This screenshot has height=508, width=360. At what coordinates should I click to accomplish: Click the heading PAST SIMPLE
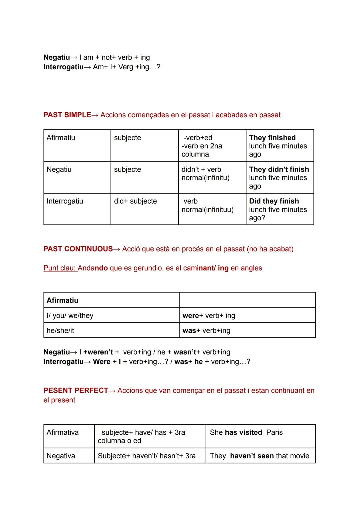[x=67, y=115]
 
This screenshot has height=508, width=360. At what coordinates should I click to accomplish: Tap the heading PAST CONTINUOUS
[x=78, y=249]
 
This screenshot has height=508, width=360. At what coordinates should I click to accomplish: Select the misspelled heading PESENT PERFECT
[x=76, y=390]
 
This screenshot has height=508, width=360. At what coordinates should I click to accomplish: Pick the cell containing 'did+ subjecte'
[x=135, y=201]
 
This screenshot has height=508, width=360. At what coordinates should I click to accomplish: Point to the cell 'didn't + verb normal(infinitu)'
[x=205, y=174]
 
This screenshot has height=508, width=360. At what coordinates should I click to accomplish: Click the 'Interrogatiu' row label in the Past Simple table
[x=65, y=201]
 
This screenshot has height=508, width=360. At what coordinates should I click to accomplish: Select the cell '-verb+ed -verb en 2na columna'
[x=202, y=146]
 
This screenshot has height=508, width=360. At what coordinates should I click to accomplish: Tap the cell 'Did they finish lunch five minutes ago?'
[x=278, y=209]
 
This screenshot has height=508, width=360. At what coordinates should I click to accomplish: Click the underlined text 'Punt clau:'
[x=60, y=268]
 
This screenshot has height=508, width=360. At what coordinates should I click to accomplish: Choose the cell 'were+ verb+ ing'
[x=209, y=315]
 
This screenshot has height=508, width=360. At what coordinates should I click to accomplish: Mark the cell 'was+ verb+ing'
[x=206, y=330]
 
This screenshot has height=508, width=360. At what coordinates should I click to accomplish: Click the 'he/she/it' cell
[x=60, y=330]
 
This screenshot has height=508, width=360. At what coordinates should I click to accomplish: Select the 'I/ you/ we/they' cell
[x=70, y=315]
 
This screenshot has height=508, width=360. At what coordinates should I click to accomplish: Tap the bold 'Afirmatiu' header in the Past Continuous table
[x=62, y=300]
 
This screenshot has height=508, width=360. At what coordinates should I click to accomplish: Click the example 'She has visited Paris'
[x=246, y=432]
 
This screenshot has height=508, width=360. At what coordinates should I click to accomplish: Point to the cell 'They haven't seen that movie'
[x=259, y=456]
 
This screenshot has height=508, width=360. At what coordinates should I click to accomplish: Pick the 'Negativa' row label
[x=61, y=456]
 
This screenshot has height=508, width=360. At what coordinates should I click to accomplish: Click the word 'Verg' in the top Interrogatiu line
[x=126, y=67]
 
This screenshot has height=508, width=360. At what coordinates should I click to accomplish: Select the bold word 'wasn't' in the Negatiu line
[x=185, y=352]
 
